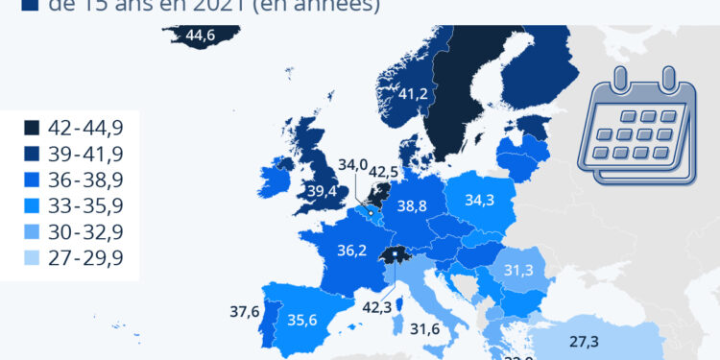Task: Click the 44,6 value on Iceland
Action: pyautogui.click(x=201, y=36)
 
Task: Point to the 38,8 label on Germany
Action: pyautogui.click(x=411, y=205)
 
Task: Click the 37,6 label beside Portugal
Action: pyautogui.click(x=245, y=311)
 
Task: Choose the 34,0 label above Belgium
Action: pyautogui.click(x=352, y=164)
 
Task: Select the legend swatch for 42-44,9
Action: pyautogui.click(x=32, y=127)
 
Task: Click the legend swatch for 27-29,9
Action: pyautogui.click(x=32, y=258)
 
